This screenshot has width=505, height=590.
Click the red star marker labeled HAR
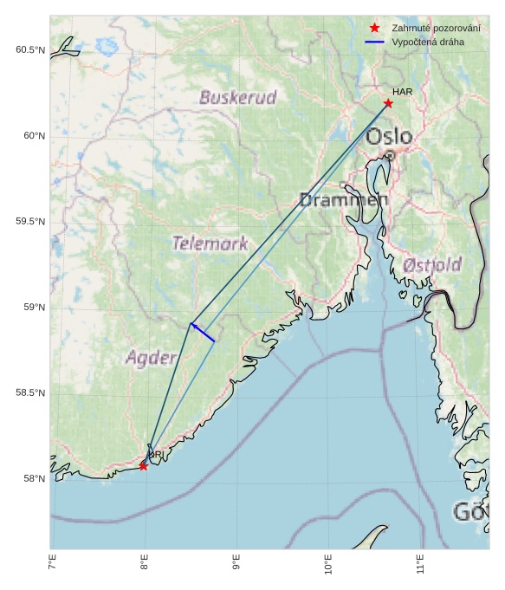click(x=388, y=103)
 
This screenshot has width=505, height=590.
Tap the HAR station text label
click(x=402, y=91)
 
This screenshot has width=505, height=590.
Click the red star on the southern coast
click(x=143, y=466)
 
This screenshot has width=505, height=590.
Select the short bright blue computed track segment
click(x=203, y=333)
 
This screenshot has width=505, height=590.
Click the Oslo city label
click(x=389, y=137)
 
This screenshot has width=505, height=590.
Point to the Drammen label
click(x=344, y=200)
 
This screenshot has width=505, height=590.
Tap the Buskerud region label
click(x=238, y=97)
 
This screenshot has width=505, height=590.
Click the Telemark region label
click(x=210, y=243)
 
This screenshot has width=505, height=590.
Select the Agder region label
click(x=151, y=357)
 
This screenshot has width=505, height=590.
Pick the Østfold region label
click(x=432, y=265)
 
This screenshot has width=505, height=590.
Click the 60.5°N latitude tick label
click(x=29, y=50)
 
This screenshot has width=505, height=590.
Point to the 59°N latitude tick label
click(x=33, y=308)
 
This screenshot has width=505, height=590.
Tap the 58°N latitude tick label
click(x=33, y=479)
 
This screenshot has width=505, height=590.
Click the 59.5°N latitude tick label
click(x=29, y=222)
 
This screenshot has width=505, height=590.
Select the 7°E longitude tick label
click(x=52, y=567)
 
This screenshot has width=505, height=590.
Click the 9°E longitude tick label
click(x=236, y=567)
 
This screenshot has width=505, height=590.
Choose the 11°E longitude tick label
click(x=420, y=567)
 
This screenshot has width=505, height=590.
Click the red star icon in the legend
click(x=374, y=28)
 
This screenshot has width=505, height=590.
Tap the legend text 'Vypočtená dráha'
click(x=427, y=42)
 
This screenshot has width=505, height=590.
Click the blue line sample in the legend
click(x=374, y=42)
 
